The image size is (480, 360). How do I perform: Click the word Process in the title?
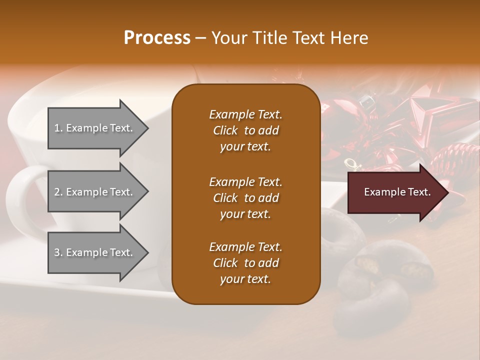click(157, 38)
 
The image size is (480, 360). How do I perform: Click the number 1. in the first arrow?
click(58, 128)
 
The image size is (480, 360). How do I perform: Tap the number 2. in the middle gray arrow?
click(58, 192)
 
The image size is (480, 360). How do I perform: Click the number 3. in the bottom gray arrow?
click(58, 252)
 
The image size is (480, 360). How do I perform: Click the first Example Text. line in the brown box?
click(245, 114)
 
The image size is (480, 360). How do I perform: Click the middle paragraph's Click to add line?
click(245, 198)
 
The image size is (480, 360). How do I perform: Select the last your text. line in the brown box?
click(245, 279)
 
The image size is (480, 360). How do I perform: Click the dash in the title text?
click(200, 38)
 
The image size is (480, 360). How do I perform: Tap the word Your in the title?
click(227, 38)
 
